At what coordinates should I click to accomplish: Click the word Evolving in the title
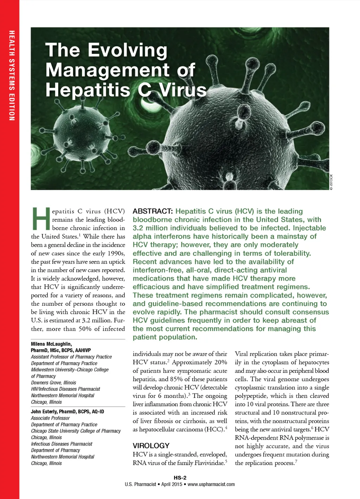click(127, 50)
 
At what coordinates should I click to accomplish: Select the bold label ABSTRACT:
click(153, 211)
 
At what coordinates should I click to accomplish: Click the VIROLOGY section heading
click(151, 445)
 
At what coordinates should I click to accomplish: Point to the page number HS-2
click(180, 478)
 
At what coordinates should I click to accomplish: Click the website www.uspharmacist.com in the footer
click(211, 484)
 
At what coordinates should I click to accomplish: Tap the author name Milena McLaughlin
click(51, 344)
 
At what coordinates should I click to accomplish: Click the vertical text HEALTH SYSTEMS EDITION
click(12, 76)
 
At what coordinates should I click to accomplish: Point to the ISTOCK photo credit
click(331, 182)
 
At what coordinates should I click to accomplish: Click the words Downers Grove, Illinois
click(53, 383)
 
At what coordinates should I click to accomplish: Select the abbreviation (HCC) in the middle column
click(214, 429)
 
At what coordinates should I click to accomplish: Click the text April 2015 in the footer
click(172, 484)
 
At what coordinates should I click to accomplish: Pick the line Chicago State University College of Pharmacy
click(76, 431)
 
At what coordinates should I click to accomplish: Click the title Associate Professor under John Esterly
click(50, 418)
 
